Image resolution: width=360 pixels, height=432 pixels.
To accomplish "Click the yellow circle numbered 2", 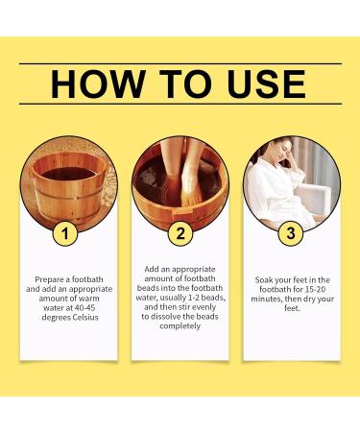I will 179,231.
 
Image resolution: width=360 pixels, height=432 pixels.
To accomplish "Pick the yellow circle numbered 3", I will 290,231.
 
